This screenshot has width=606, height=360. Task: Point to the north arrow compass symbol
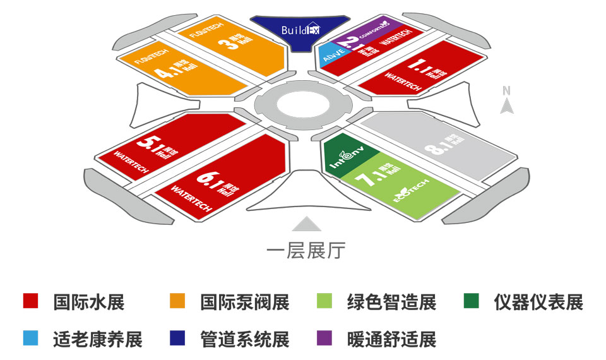(x=506, y=101)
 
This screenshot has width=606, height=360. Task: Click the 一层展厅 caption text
(x=306, y=251)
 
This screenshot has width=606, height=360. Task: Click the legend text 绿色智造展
(x=391, y=302)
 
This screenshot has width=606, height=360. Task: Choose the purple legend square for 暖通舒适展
(x=324, y=339)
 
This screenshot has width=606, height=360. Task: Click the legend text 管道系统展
(x=244, y=340)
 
